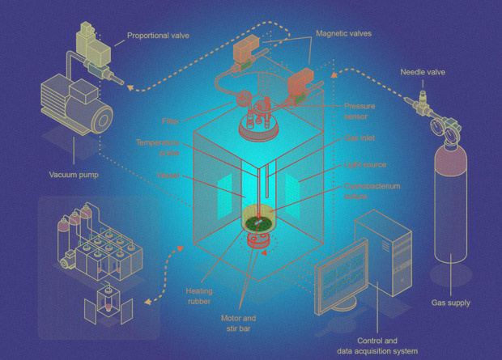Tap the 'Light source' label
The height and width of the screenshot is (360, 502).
click(365, 165)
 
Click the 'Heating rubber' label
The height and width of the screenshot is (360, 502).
click(198, 296)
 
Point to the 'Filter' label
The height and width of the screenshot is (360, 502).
click(169, 121)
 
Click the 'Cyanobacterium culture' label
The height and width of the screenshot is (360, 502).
click(372, 191)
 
